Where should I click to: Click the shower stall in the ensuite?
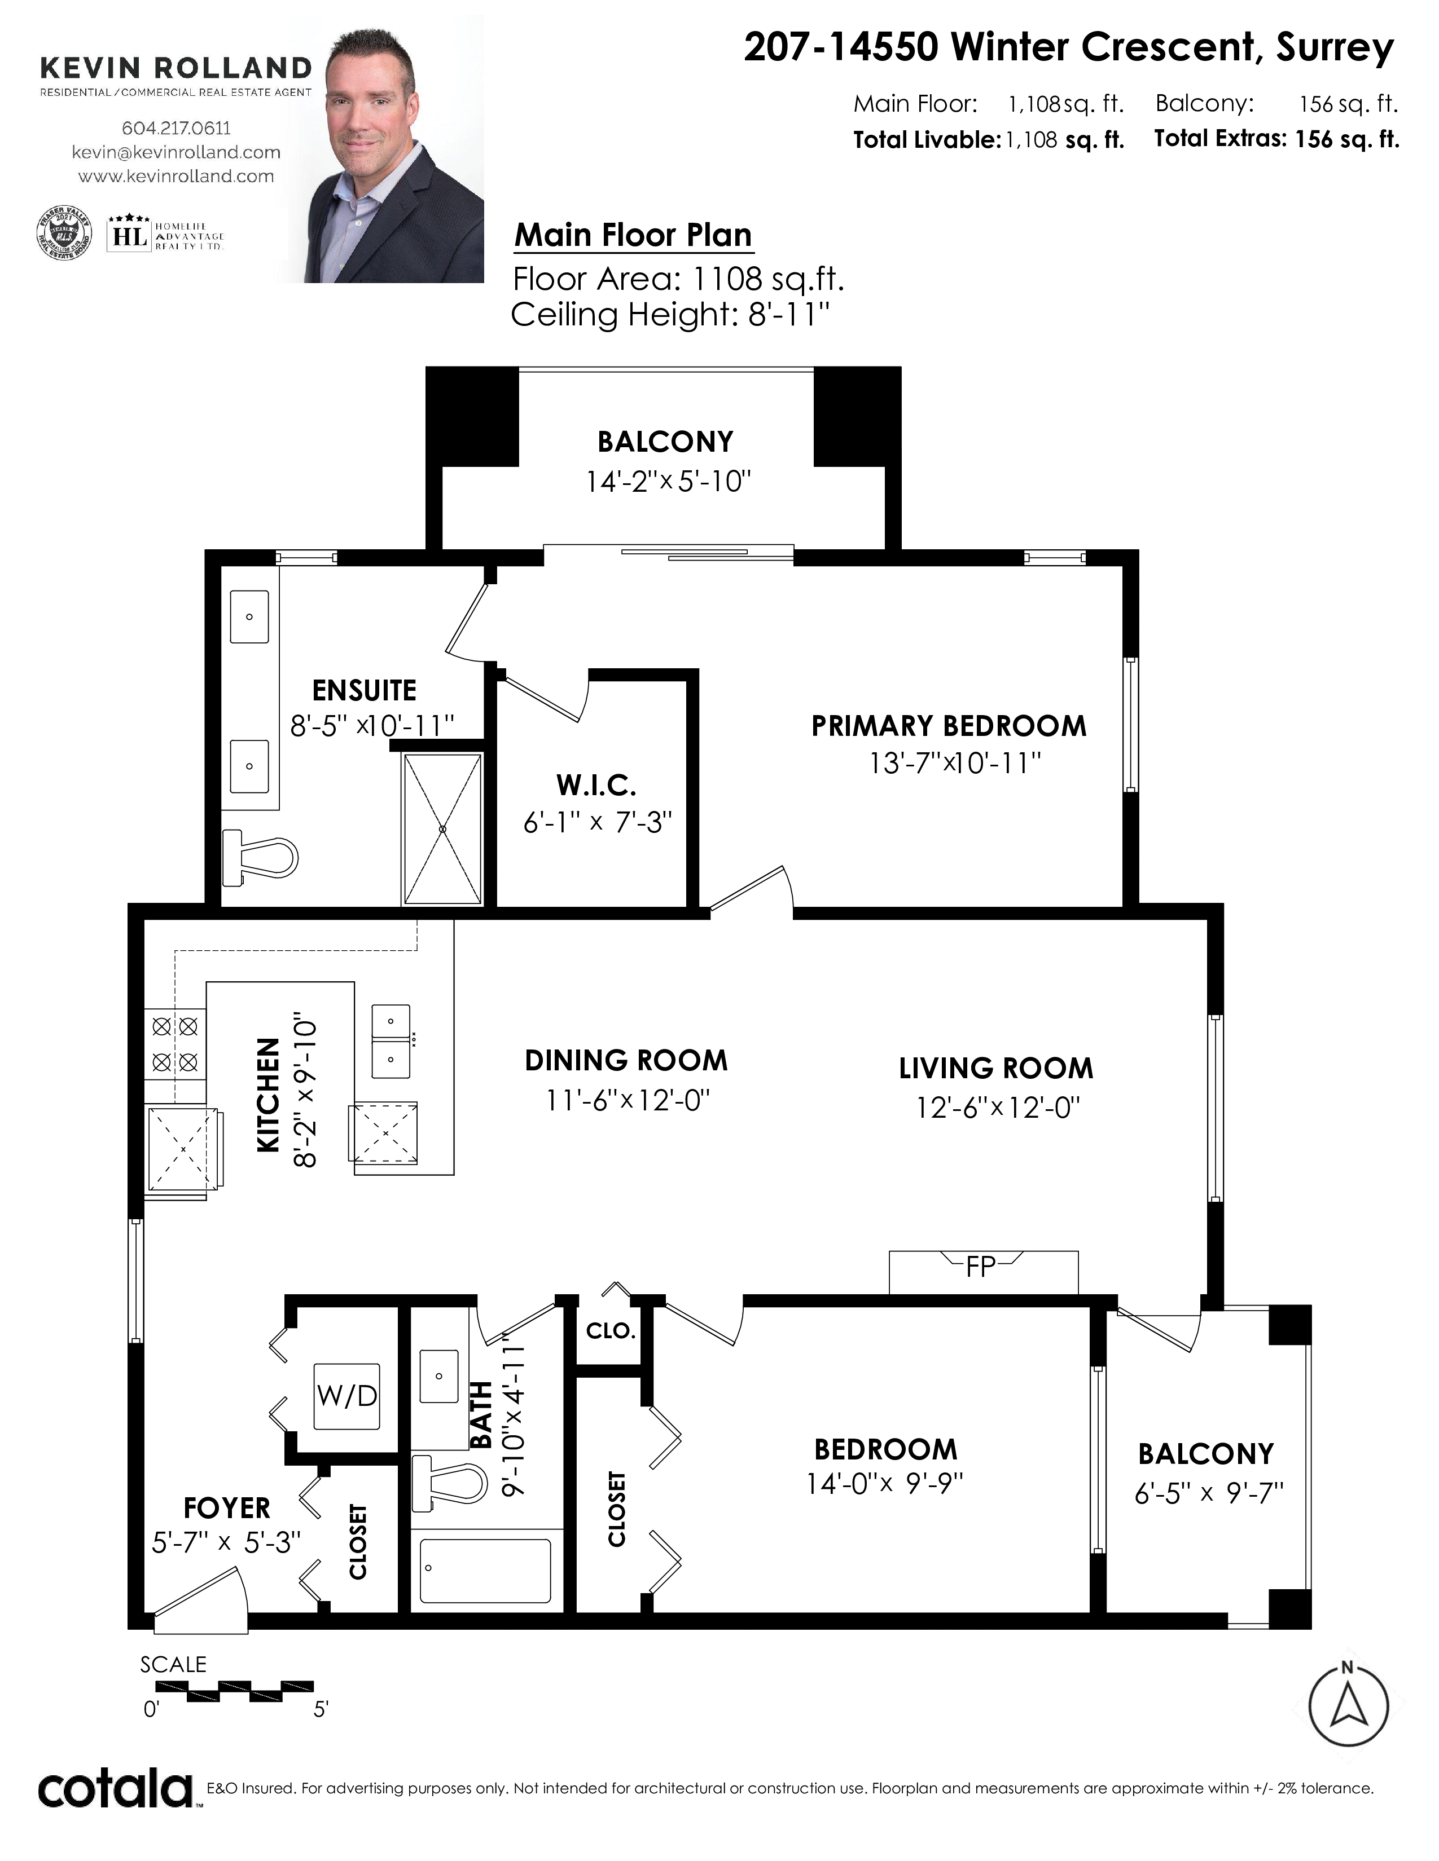[442, 828]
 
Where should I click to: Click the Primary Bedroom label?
[949, 726]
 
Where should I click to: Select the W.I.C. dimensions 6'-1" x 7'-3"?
[598, 822]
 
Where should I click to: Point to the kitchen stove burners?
[175, 1044]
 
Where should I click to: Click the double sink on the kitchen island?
[391, 1040]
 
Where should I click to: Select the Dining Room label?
[626, 1060]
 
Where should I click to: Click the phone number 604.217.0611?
[177, 128]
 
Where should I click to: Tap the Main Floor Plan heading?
[633, 235]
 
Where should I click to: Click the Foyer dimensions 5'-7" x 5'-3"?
[227, 1541]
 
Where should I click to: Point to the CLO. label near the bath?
[611, 1330]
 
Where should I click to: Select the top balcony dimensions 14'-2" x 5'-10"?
[668, 482]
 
